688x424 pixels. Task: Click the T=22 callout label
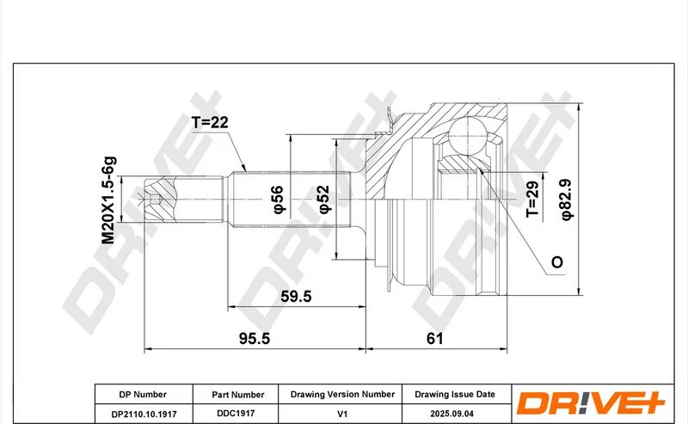click(210, 122)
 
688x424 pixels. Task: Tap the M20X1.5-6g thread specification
click(108, 200)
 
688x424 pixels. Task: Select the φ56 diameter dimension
click(279, 200)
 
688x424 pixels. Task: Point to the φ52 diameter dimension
click(324, 199)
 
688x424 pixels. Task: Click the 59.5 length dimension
click(296, 296)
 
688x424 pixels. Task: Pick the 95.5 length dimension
click(255, 338)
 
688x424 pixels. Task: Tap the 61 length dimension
click(435, 338)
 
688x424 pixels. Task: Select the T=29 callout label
click(532, 199)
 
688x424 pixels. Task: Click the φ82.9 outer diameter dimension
click(566, 200)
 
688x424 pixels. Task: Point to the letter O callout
click(556, 262)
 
